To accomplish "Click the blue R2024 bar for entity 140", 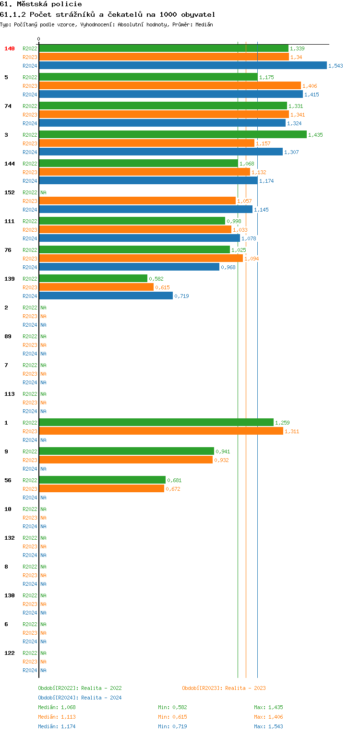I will click(182, 65).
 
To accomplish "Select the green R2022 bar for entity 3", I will click(173, 134).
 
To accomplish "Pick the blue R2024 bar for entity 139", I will click(106, 296).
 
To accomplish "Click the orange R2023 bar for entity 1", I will click(161, 431).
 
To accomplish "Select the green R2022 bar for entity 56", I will click(102, 480).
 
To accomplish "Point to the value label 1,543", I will click(336, 66).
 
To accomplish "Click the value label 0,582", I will click(156, 279).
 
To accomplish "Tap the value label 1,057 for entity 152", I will click(244, 201).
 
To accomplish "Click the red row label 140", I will click(10, 48).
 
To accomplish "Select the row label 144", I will click(10, 164).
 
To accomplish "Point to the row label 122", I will click(10, 653).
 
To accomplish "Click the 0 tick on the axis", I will click(39, 39).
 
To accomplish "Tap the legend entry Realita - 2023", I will click(245, 688).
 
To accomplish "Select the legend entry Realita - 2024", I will click(101, 698).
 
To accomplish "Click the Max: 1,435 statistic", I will click(268, 707).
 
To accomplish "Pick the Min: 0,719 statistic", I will click(172, 726).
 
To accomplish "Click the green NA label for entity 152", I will click(43, 192).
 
